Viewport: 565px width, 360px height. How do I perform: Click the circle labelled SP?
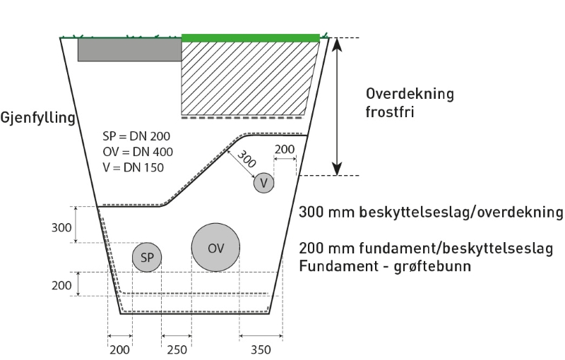[x=147, y=258]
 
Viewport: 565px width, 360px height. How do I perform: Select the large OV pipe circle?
[x=215, y=248]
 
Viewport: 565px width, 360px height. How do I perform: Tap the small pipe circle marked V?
[x=263, y=183]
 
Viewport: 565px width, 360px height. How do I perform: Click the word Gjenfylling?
[x=37, y=118]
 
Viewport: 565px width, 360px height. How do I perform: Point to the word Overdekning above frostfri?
[x=410, y=94]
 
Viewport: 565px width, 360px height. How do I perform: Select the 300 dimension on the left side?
[x=61, y=227]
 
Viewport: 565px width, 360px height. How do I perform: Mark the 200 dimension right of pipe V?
[x=284, y=150]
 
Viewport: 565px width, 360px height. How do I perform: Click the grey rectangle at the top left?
[x=129, y=49]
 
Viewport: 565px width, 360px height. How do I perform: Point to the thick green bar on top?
[x=251, y=37]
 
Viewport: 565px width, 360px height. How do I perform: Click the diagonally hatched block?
[x=247, y=76]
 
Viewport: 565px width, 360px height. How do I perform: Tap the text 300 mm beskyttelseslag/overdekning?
[x=430, y=212]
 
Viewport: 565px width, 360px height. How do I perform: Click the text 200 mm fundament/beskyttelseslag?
[x=430, y=249]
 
